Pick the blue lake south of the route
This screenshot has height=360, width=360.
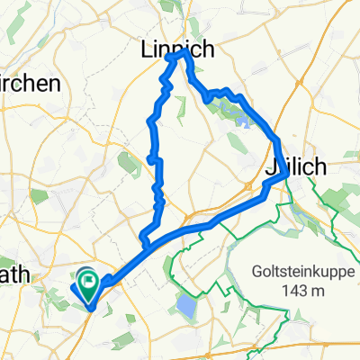pos(186,307)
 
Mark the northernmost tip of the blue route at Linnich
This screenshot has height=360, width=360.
pos(185,52)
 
